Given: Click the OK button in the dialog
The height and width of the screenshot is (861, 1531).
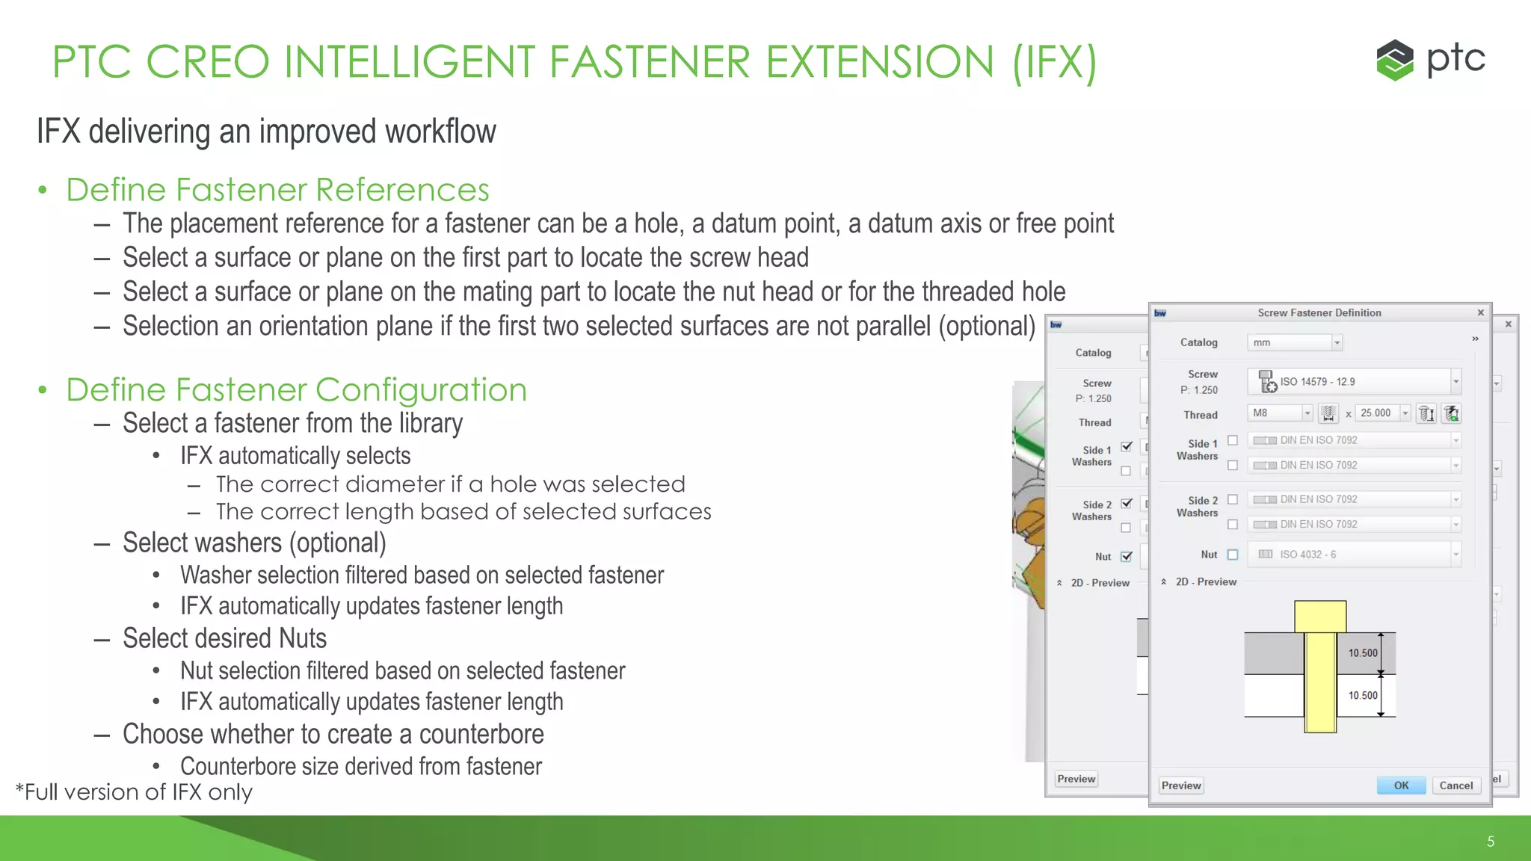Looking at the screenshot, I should pyautogui.click(x=1400, y=786).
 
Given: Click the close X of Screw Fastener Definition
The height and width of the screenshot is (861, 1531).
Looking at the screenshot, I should pyautogui.click(x=1480, y=312).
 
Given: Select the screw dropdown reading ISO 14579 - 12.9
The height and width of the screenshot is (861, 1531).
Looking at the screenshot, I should pyautogui.click(x=1354, y=382).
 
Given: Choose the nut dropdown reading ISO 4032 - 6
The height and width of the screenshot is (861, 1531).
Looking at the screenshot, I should pyautogui.click(x=1354, y=555).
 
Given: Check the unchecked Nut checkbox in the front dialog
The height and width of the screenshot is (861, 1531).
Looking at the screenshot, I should pyautogui.click(x=1233, y=555).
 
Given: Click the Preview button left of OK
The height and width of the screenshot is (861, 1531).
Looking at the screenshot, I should pyautogui.click(x=1181, y=786).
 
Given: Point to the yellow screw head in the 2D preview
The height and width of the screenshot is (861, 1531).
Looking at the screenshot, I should pyautogui.click(x=1320, y=617).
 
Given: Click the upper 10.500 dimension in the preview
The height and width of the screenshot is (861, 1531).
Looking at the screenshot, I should pyautogui.click(x=1362, y=653).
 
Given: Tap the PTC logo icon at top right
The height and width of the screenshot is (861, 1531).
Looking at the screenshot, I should pyautogui.click(x=1394, y=60).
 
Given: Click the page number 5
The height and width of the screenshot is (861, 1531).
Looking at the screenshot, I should pyautogui.click(x=1490, y=842).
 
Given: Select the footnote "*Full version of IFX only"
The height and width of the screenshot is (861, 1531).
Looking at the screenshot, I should pyautogui.click(x=134, y=792).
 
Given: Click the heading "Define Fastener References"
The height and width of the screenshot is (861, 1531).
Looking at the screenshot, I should pyautogui.click(x=277, y=190).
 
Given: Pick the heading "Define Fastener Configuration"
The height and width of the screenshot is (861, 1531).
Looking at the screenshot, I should pyautogui.click(x=296, y=390).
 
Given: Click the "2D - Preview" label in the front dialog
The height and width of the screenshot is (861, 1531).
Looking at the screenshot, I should pyautogui.click(x=1205, y=581).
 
